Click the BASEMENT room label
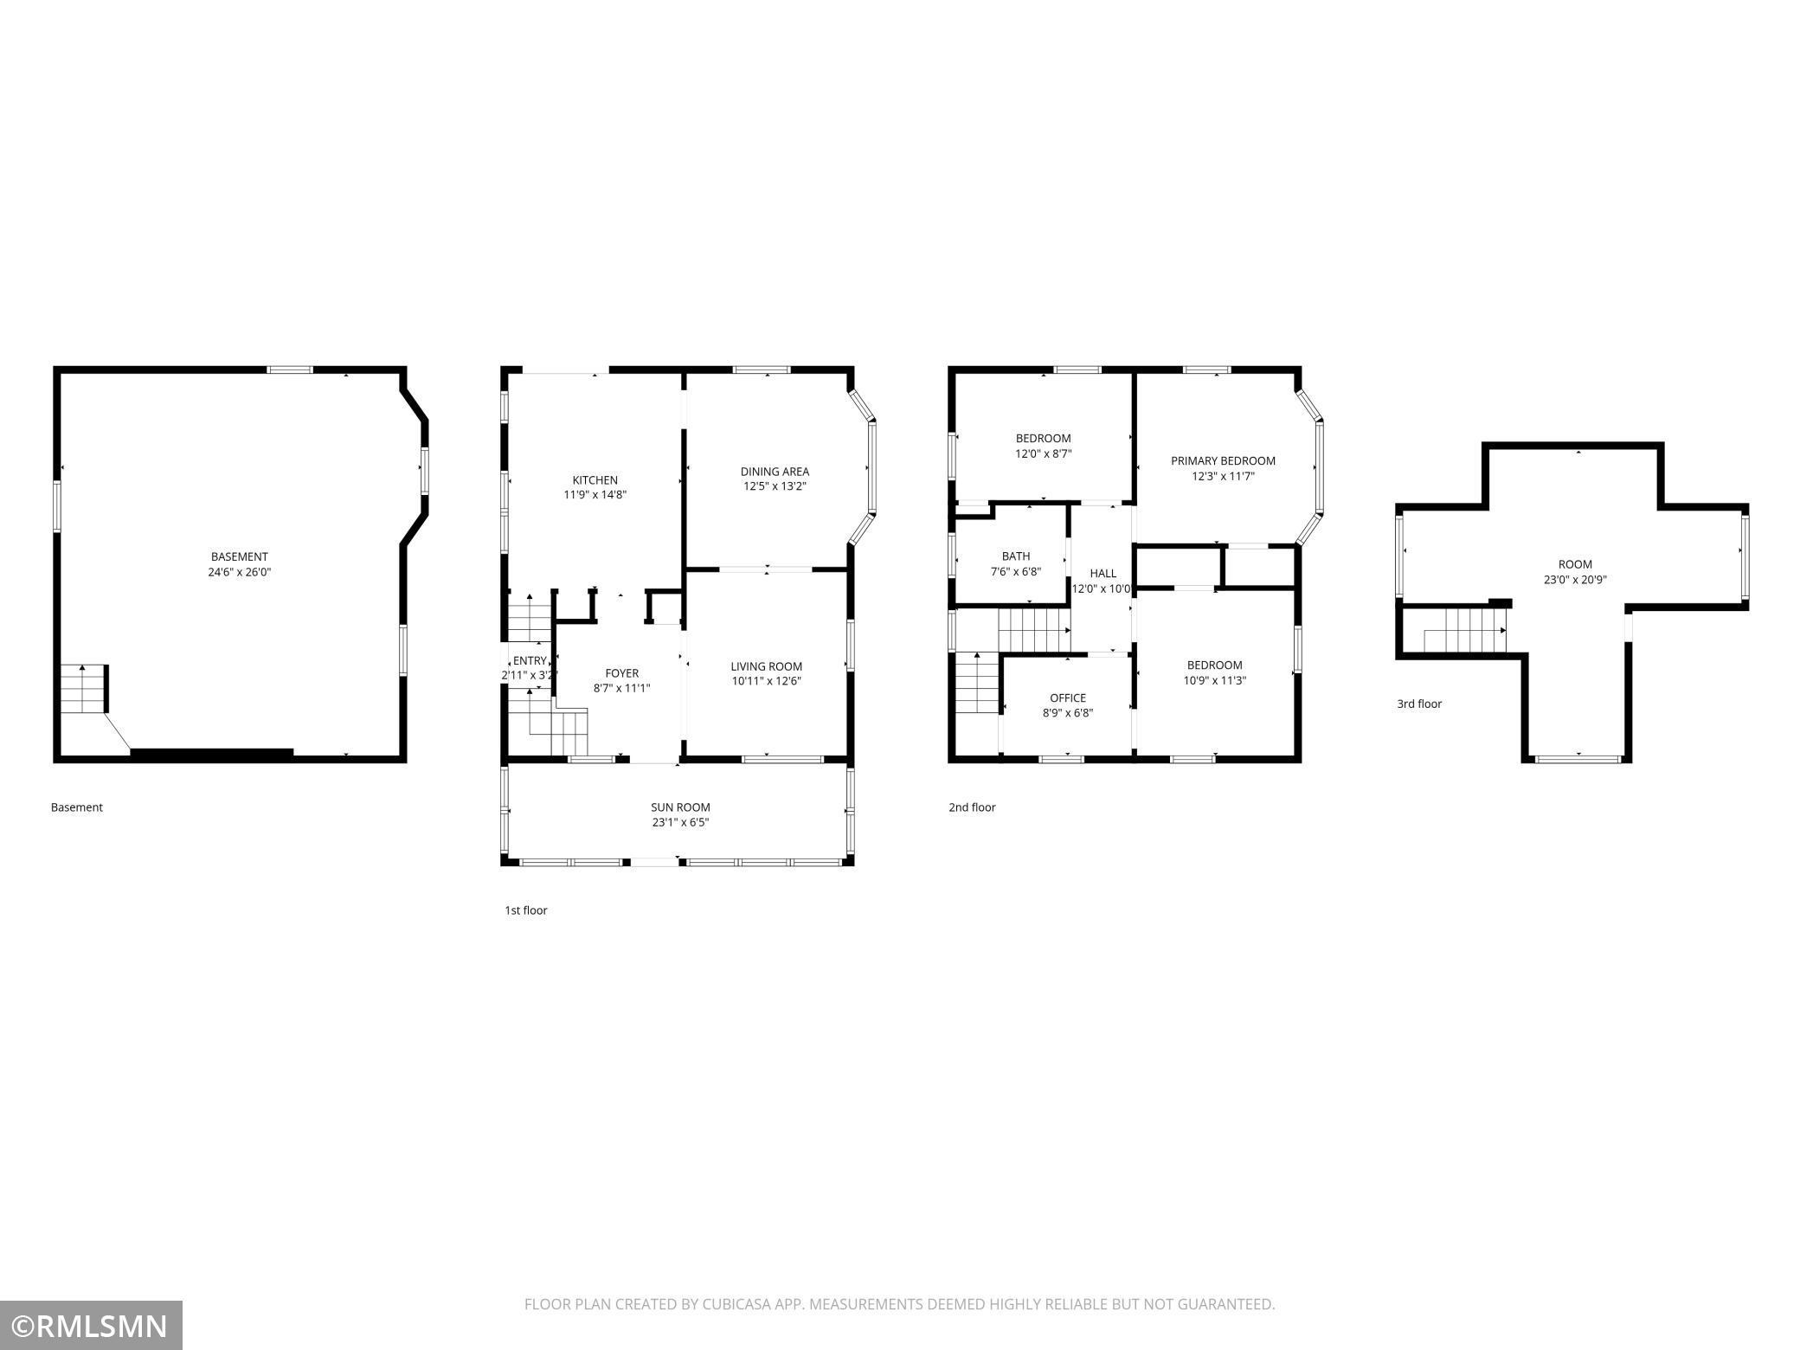pos(239,556)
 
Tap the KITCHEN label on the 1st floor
pos(595,480)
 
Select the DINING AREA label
pos(775,472)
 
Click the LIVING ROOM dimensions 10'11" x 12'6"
pos(766,681)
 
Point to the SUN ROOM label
pos(680,807)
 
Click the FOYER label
pos(621,673)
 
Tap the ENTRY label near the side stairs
pos(530,661)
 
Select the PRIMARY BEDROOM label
pos(1223,461)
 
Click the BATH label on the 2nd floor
pos(1015,556)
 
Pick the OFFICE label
pos(1067,698)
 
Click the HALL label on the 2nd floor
pos(1102,574)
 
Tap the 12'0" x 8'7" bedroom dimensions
pos(1043,453)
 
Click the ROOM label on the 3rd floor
pos(1574,564)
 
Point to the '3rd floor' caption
pos(1419,704)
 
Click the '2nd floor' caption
pos(972,807)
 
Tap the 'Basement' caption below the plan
pos(76,807)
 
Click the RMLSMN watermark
pos(91,1325)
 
